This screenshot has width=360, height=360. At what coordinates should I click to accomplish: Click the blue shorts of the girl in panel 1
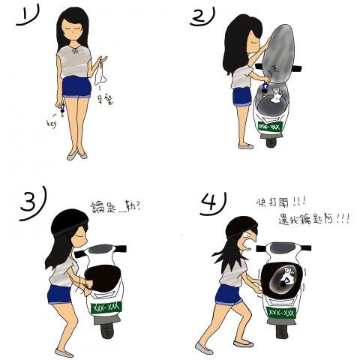coord(76,88)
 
